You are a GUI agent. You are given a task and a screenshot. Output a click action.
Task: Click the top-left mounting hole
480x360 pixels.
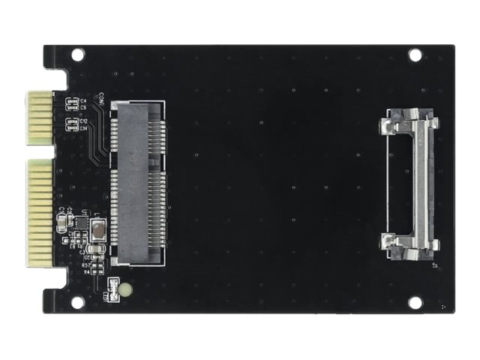pyautogui.click(x=77, y=55)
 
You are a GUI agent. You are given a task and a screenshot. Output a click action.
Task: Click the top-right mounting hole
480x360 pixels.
pyautogui.click(x=415, y=55)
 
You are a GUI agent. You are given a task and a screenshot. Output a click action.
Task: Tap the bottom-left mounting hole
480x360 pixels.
pyautogui.click(x=77, y=301)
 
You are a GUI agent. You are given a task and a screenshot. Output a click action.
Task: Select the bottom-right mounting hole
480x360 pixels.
pyautogui.click(x=415, y=301)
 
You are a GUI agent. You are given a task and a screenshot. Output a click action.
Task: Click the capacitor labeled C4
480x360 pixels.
pyautogui.click(x=72, y=100)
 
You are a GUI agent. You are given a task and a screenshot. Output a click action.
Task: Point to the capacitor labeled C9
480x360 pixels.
pyautogui.click(x=72, y=107)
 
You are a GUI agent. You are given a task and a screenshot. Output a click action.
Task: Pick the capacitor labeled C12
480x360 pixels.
pyautogui.click(x=72, y=121)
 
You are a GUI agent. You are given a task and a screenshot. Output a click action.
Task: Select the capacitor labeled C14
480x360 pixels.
pyautogui.click(x=72, y=127)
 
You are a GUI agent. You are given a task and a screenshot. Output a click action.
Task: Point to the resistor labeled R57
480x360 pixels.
pyautogui.click(x=95, y=265)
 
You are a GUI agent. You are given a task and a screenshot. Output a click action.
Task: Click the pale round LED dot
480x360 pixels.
pyautogui.click(x=126, y=289)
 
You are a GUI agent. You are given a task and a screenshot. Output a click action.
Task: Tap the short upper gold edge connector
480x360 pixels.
pyautogui.click(x=39, y=118)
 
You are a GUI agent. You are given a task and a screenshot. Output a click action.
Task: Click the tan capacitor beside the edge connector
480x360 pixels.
pyautogui.click(x=61, y=222)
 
